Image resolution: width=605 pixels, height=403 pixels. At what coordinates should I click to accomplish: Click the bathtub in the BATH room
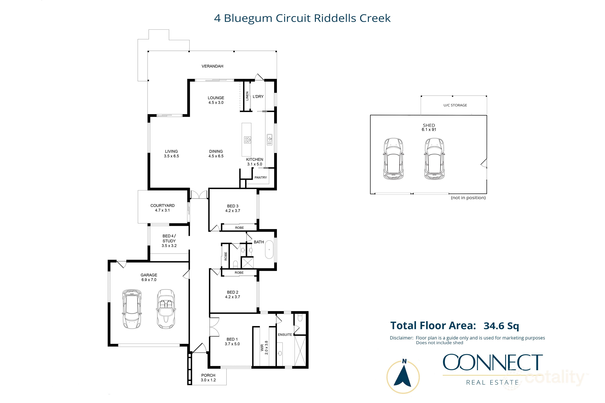(269, 249)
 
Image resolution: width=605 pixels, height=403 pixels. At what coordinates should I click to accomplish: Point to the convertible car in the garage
(166, 309)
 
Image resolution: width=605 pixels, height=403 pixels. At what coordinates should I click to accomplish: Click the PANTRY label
(260, 177)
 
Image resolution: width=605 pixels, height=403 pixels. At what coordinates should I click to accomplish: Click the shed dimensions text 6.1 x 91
(429, 130)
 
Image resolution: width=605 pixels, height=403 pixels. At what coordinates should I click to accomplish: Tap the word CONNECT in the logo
(492, 362)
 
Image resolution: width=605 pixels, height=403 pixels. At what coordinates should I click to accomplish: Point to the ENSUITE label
(285, 335)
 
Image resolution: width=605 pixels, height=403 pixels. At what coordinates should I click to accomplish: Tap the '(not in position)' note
(468, 198)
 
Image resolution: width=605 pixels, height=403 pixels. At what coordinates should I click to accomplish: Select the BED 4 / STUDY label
(169, 238)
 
